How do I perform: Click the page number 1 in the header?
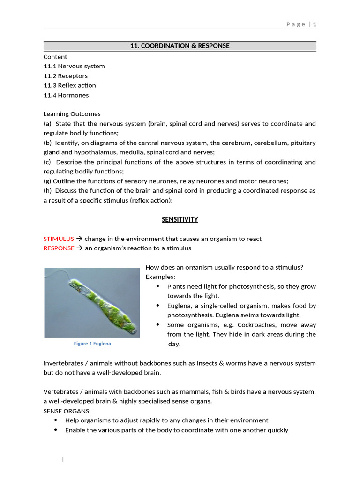[x=315, y=24]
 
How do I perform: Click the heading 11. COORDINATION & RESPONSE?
[x=180, y=46]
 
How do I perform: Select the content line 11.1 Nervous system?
[x=74, y=66]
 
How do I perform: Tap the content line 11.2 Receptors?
[x=66, y=76]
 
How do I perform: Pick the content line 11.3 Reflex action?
[x=70, y=85]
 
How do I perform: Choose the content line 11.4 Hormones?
[x=66, y=95]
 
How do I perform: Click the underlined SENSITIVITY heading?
[x=180, y=219]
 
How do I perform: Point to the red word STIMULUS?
[x=59, y=239]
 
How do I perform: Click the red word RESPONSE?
[x=59, y=248]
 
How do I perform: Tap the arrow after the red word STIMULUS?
[x=79, y=239]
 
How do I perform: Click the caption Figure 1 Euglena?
[x=92, y=344]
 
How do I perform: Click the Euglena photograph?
[x=92, y=303]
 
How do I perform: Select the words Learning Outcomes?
[x=72, y=114]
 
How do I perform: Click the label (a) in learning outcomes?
[x=47, y=124]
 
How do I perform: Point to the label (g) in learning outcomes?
[x=47, y=181]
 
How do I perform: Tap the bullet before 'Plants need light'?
[x=157, y=286]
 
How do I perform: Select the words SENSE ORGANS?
[x=67, y=411]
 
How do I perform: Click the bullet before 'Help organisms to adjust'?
[x=57, y=420]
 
